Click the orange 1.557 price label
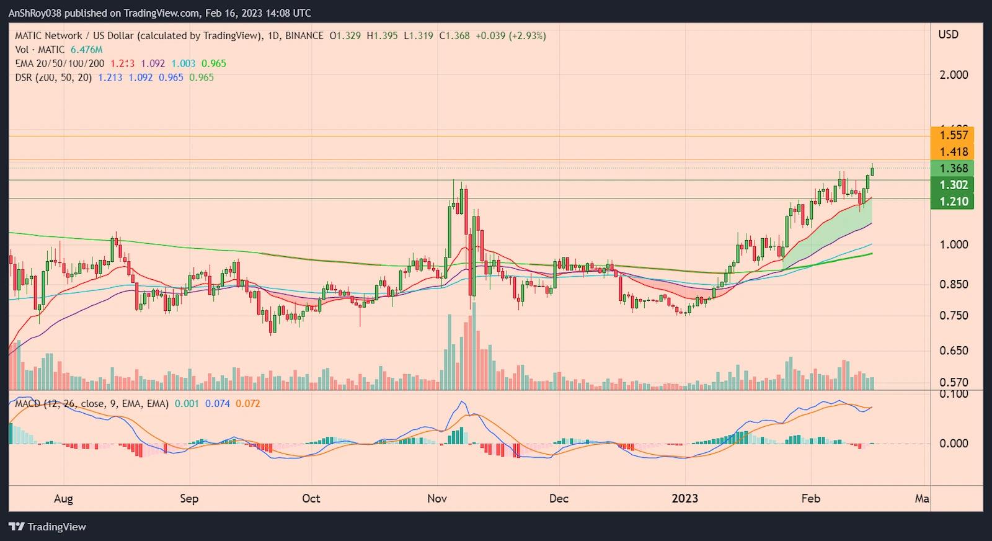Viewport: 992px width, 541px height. click(x=953, y=135)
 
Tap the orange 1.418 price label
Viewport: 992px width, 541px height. click(x=953, y=152)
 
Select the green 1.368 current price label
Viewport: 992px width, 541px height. click(x=953, y=168)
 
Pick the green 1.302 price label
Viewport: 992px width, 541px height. click(x=953, y=185)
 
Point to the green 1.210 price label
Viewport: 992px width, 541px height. click(x=953, y=202)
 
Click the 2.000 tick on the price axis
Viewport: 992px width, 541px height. click(x=954, y=75)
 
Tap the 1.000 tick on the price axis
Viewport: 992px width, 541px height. click(x=954, y=244)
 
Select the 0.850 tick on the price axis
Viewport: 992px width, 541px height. click(x=954, y=284)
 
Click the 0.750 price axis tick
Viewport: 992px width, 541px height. click(x=954, y=315)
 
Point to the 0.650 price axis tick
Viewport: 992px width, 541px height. click(x=954, y=351)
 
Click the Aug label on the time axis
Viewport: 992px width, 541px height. click(x=63, y=499)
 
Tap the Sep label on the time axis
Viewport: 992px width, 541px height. click(x=189, y=499)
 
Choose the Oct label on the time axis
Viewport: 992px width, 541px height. click(x=311, y=499)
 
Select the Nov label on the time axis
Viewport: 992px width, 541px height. click(x=437, y=499)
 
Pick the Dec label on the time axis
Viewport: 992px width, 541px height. click(x=559, y=499)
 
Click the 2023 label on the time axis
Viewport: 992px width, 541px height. click(x=684, y=499)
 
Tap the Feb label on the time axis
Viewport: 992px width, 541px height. click(x=810, y=499)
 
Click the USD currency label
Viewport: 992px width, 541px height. click(x=948, y=35)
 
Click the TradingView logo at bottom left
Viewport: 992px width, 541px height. click(x=48, y=527)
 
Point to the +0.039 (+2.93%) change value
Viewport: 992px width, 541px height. click(x=511, y=36)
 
